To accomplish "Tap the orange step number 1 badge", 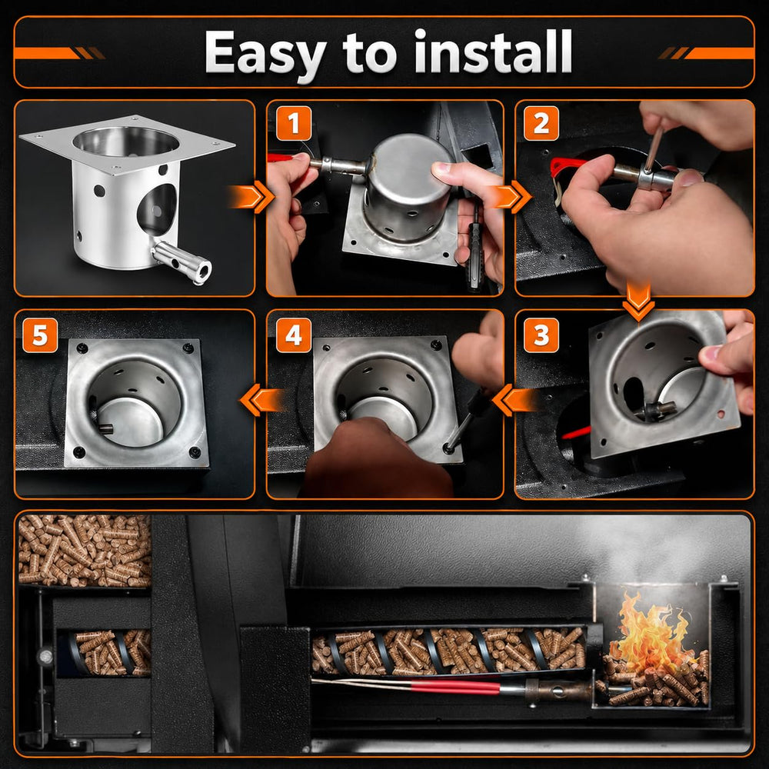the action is [x=294, y=123].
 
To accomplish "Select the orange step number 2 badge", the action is [x=541, y=123].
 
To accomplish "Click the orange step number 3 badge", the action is [x=541, y=335].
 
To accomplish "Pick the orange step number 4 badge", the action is [x=294, y=335].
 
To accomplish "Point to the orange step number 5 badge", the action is [x=40, y=335].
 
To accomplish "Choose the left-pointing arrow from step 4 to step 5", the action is [x=262, y=400].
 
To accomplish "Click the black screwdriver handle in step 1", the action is [x=474, y=256].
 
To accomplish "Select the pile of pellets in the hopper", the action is [x=85, y=551].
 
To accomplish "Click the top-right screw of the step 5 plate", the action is [x=188, y=348].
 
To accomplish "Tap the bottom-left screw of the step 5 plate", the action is [x=78, y=451].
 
